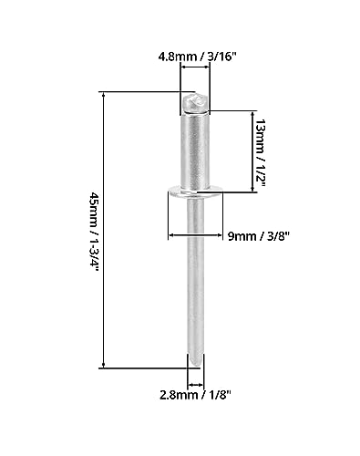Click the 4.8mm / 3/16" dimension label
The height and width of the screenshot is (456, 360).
(x=198, y=56)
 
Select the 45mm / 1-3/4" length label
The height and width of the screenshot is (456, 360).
(x=93, y=232)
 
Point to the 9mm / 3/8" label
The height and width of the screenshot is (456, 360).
(x=257, y=236)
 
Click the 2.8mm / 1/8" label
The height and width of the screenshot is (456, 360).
(x=196, y=395)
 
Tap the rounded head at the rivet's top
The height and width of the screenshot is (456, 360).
(x=195, y=103)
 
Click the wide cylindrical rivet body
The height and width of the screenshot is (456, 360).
(x=195, y=151)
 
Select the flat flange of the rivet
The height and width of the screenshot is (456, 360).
(x=195, y=193)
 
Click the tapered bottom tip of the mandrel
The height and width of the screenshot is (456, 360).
(x=195, y=360)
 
